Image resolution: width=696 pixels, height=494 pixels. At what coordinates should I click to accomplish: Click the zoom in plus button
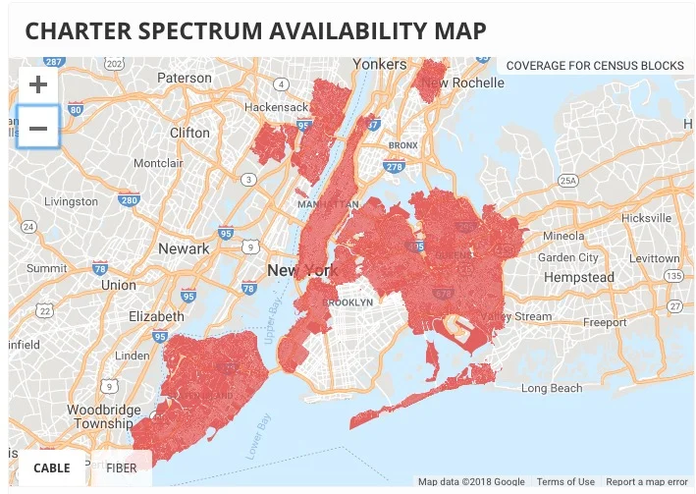[x=38, y=84]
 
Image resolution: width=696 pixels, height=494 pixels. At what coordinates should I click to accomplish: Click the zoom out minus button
[x=38, y=128]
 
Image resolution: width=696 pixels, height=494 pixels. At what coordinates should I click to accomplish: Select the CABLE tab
[x=52, y=467]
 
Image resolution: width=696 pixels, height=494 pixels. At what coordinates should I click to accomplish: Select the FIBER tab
[x=122, y=467]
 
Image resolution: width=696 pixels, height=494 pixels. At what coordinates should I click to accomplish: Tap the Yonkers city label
[x=379, y=64]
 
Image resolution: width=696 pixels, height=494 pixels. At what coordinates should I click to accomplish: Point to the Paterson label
[x=185, y=78]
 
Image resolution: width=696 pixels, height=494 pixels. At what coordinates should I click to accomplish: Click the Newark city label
[x=185, y=248]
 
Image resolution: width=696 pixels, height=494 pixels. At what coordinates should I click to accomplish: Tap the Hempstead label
[x=578, y=278]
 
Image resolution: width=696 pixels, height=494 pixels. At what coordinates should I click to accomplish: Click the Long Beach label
[x=551, y=388]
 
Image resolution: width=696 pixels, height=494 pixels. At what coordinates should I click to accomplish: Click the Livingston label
[x=72, y=201]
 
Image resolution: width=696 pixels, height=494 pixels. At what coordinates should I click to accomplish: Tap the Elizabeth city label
[x=156, y=316]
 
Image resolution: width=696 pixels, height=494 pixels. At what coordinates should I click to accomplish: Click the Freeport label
[x=604, y=322]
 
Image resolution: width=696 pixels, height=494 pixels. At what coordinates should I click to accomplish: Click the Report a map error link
[x=647, y=482]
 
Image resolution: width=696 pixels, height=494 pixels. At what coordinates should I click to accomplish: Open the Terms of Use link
[x=564, y=482]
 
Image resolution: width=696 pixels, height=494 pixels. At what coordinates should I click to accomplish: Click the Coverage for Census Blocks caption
[x=595, y=66]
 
